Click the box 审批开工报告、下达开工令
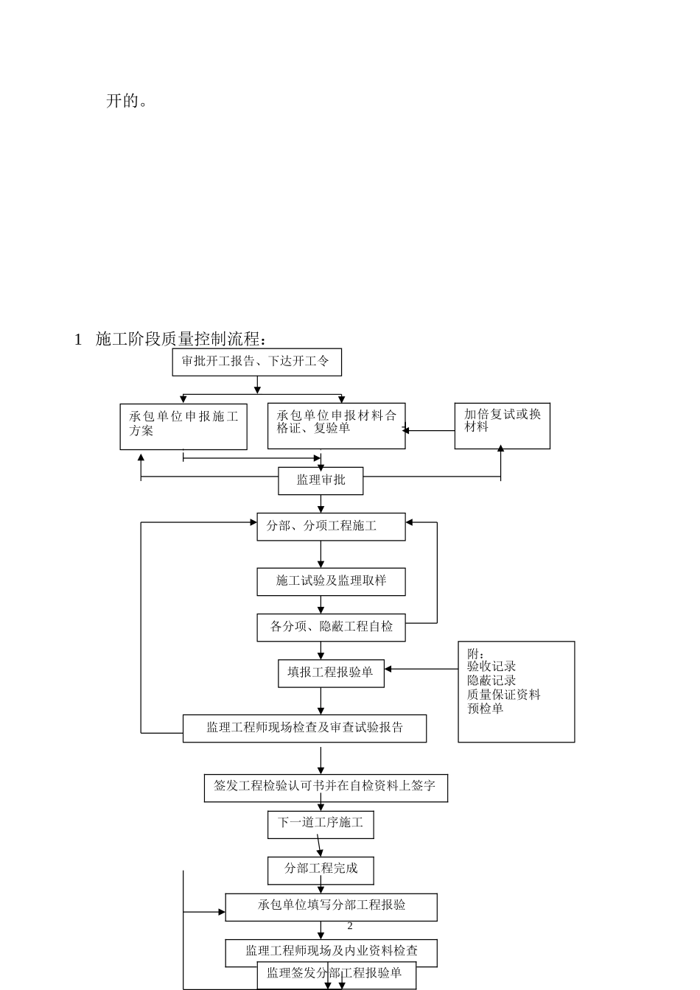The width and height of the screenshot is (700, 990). tap(256, 362)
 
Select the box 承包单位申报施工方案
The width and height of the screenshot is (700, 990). tap(183, 426)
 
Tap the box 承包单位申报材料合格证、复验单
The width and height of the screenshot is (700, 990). tap(336, 425)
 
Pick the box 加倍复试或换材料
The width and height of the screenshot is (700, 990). tap(502, 425)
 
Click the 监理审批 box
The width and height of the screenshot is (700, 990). tap(321, 480)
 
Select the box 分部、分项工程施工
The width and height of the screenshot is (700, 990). tap(331, 527)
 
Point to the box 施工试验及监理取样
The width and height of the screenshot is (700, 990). tap(331, 581)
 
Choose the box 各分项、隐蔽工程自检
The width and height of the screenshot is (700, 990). tap(331, 627)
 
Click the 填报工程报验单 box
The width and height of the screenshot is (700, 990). tap(331, 673)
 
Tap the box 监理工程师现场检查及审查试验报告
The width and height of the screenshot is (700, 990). tap(304, 728)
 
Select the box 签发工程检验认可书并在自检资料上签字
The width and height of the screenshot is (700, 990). tap(325, 787)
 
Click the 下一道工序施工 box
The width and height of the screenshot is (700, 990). tap(321, 824)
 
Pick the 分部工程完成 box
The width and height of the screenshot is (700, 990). tap(321, 869)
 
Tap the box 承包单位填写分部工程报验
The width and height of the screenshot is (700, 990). tap(331, 906)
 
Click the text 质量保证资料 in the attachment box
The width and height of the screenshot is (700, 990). tap(503, 695)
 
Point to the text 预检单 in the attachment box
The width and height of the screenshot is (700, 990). tap(485, 709)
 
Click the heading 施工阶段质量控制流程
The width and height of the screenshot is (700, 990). tap(179, 339)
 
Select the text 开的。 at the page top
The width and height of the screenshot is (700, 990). tap(127, 101)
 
